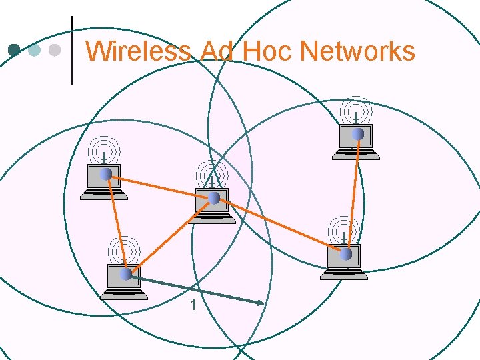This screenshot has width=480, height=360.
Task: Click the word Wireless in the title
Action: (x=138, y=51)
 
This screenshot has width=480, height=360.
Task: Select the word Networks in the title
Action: (x=357, y=51)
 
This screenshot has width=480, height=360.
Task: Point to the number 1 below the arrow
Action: (x=193, y=305)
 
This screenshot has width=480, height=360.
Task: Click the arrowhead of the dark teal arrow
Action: (x=261, y=304)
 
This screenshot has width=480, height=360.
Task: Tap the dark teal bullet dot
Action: (x=14, y=50)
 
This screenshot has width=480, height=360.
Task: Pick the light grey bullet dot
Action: (x=55, y=50)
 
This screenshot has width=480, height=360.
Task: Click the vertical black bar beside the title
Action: (x=71, y=50)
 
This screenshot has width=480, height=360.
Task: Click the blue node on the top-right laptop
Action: (x=358, y=134)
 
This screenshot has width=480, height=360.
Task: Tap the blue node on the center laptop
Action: (x=214, y=198)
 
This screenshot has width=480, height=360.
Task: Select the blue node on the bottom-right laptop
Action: (x=345, y=254)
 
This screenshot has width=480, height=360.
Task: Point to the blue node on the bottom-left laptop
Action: (x=125, y=273)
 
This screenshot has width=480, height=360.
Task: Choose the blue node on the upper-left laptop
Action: (x=105, y=174)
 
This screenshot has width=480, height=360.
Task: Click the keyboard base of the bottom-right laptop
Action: (x=343, y=273)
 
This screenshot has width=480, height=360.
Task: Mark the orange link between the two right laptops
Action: (x=353, y=193)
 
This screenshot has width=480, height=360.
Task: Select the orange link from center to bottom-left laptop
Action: (x=170, y=235)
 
